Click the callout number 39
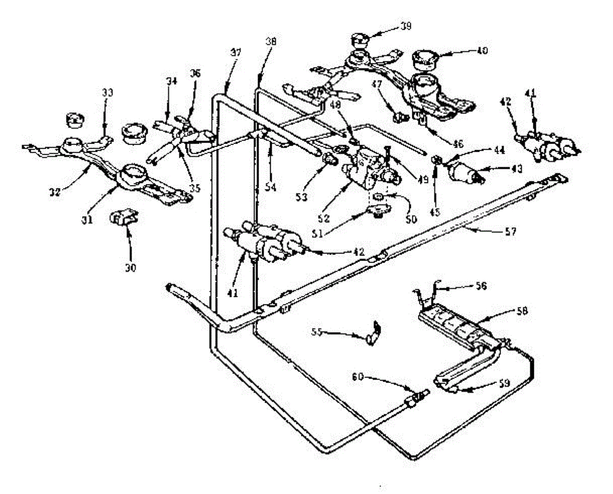tap(407, 26)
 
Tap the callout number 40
tap(482, 51)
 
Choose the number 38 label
tap(271, 42)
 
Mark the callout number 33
tap(107, 92)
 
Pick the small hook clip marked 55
tap(374, 335)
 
